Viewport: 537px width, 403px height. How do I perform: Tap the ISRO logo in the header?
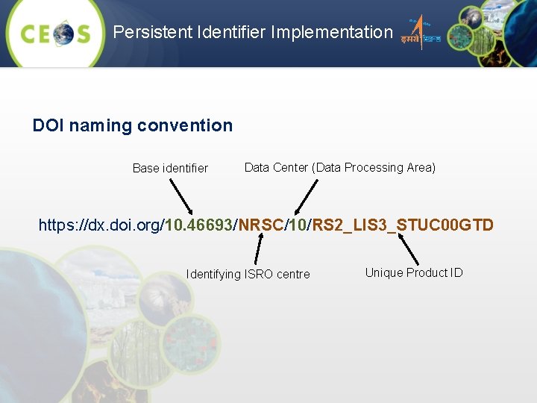[x=421, y=34]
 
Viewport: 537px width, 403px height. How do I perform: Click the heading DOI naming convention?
[x=132, y=125]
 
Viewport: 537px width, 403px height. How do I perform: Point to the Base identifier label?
[x=170, y=168]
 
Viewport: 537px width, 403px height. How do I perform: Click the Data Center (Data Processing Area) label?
[x=339, y=167]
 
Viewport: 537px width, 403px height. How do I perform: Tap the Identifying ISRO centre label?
[x=248, y=274]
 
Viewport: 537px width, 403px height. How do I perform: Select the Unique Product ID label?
[x=413, y=272]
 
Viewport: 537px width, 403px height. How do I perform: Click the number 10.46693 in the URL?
[x=199, y=225]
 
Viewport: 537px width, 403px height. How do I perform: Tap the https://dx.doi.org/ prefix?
[x=101, y=225]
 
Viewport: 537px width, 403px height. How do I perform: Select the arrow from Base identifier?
[x=178, y=196]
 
